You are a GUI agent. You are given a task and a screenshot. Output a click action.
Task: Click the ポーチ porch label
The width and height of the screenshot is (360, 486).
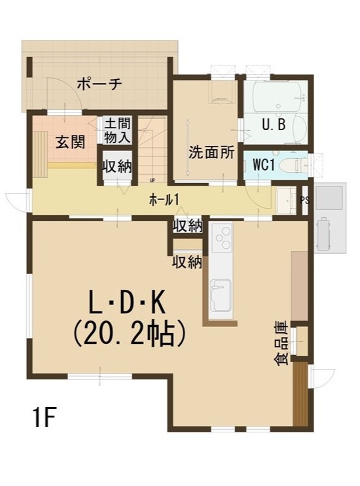point(99,84)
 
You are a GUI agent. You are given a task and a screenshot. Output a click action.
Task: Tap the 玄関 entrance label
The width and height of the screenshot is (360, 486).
point(71,142)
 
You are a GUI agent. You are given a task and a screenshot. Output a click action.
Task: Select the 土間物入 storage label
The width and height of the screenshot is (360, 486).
point(117,130)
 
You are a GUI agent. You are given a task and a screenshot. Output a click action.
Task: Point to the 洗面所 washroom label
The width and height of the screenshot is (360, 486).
point(211,152)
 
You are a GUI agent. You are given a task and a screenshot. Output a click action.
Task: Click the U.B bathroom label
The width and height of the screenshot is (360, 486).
point(274,124)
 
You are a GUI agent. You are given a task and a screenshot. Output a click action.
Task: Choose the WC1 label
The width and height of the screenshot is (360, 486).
point(264,165)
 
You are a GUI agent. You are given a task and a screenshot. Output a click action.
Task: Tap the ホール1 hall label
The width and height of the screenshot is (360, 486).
point(164,201)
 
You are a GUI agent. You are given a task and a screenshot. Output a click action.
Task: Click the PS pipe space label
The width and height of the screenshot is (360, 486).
point(305,200)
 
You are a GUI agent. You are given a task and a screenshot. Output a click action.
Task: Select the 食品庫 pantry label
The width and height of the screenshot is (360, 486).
point(281,343)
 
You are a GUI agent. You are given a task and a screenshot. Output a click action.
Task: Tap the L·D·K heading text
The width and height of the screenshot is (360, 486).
point(126,303)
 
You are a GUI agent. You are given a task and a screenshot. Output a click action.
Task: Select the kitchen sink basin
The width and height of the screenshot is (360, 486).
point(221,296)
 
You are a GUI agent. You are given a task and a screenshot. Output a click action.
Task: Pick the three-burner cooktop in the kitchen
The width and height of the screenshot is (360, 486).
point(223,237)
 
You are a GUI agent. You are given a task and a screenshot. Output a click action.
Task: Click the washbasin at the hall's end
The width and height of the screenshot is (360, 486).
point(286,201)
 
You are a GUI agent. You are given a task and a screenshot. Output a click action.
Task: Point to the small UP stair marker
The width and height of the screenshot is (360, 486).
point(153,180)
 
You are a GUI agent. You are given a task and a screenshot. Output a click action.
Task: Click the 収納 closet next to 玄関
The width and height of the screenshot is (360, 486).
point(117,167)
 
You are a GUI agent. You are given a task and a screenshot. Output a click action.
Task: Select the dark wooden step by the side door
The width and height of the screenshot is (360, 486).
point(300,394)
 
